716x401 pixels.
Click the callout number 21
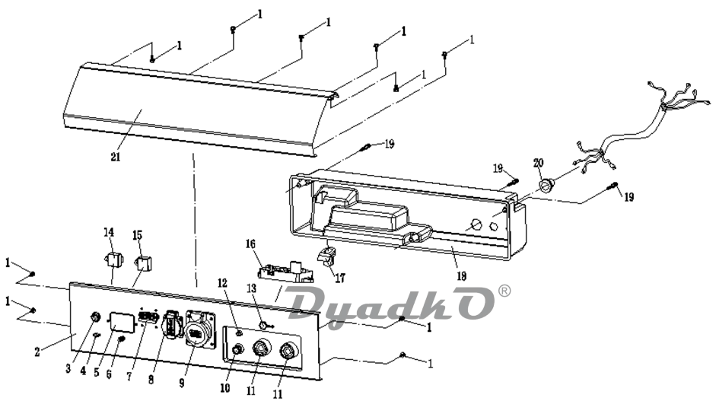tap(115, 157)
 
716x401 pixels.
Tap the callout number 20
tap(539, 163)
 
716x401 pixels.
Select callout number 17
tap(339, 277)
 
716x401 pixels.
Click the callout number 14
tap(109, 232)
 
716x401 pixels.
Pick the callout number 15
tap(138, 235)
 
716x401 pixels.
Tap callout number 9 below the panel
tap(182, 383)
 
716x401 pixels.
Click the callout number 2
tap(37, 352)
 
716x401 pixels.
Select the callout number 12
tap(222, 283)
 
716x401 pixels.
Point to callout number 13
tap(252, 288)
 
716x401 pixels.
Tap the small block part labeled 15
tap(143, 263)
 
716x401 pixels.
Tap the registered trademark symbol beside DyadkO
tap(504, 291)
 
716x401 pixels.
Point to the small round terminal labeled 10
tap(237, 349)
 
